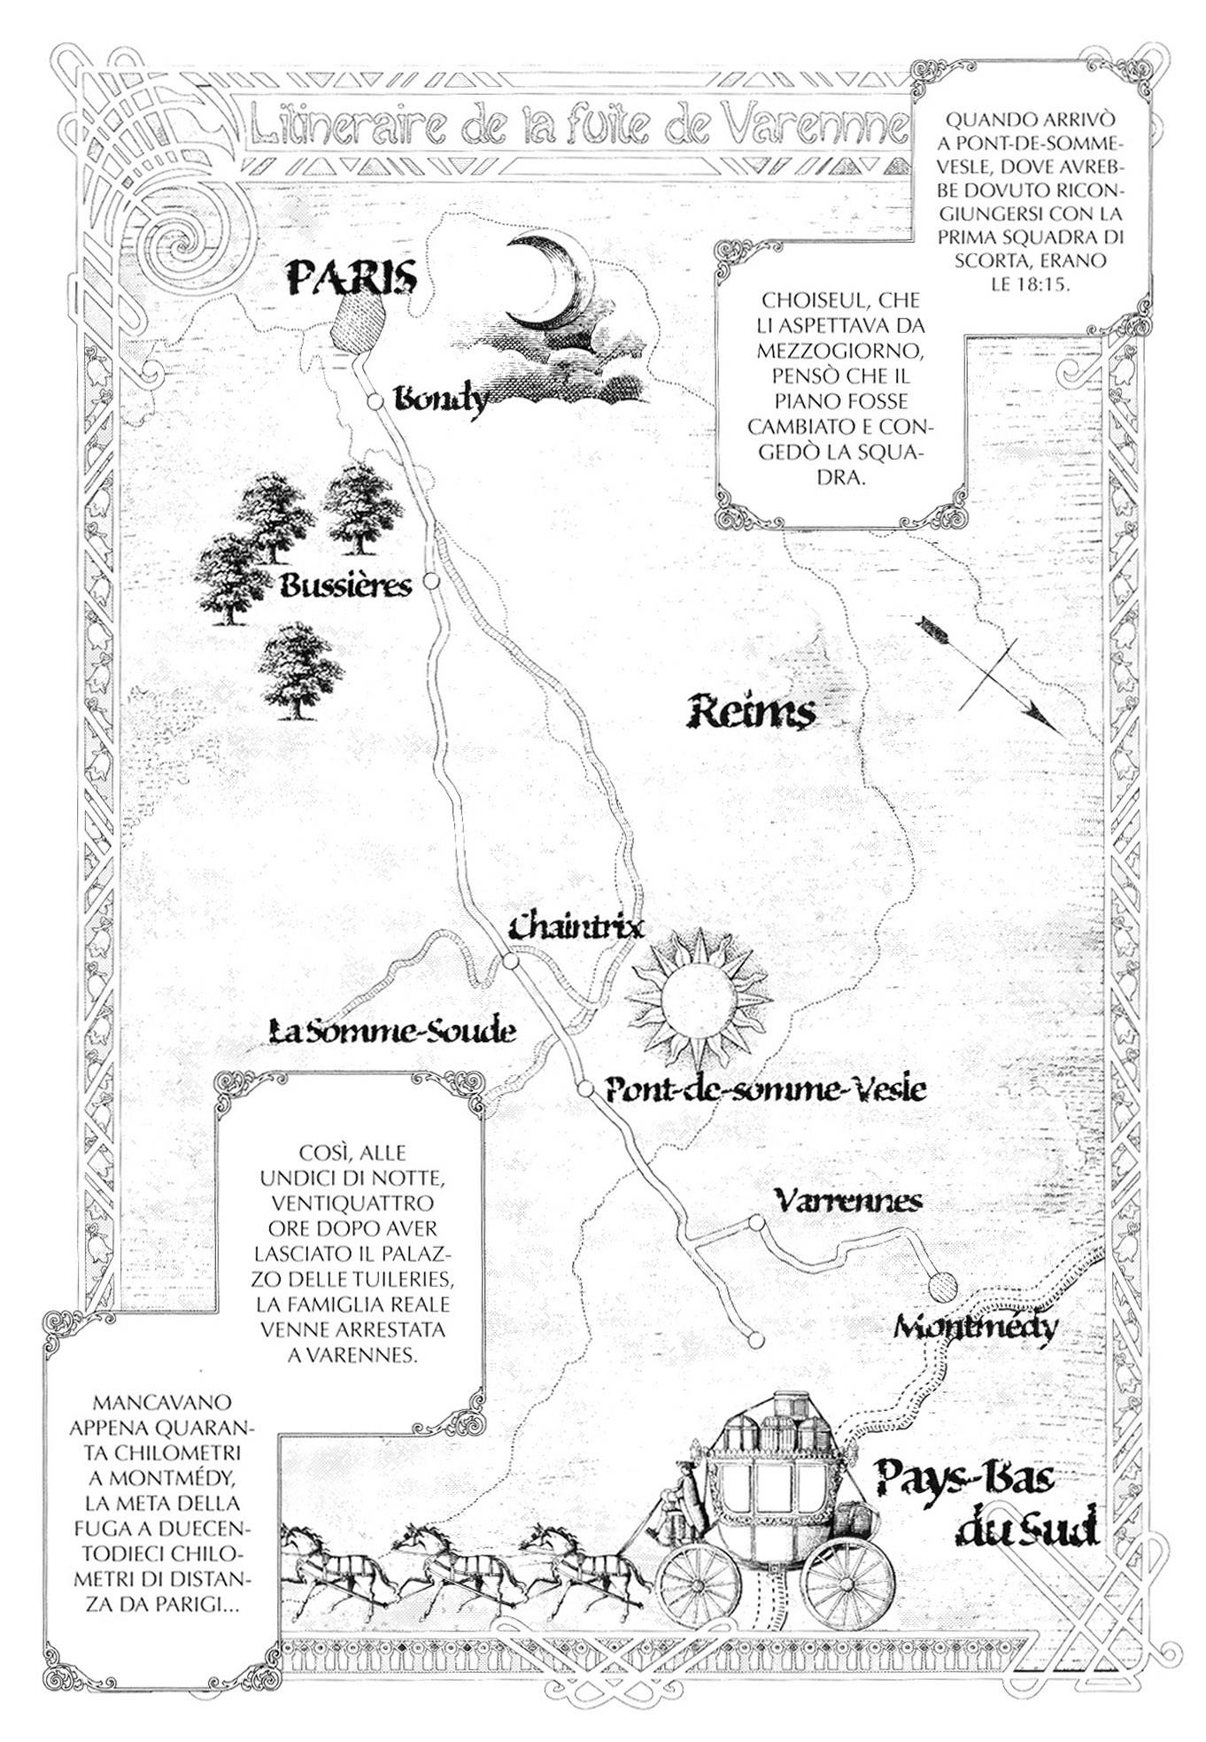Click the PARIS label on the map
tap(352, 278)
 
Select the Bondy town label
tap(441, 402)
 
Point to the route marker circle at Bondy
tap(375, 402)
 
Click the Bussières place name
tap(346, 585)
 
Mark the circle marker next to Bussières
tap(431, 581)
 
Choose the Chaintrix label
tap(576, 926)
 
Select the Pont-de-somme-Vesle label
tap(765, 1088)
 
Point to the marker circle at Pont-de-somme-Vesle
tap(585, 1088)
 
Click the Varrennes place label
tap(847, 1201)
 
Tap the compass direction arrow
tap(990, 676)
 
